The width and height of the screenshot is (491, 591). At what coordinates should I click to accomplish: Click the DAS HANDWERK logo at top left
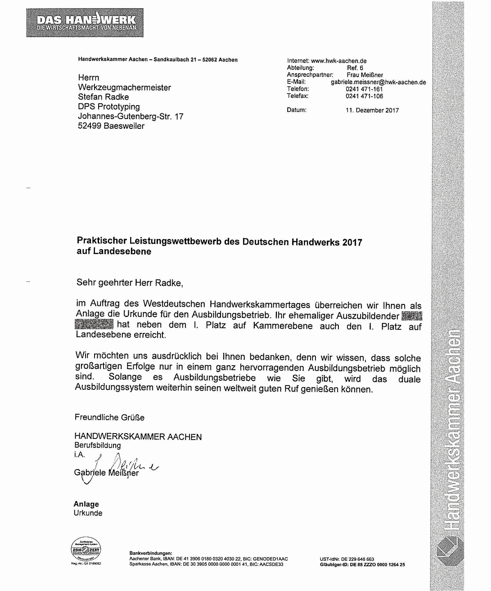pos(85,22)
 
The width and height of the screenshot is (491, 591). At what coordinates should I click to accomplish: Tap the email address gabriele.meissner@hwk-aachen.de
pos(378,82)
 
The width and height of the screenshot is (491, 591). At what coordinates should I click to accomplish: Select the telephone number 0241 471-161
pos(364,89)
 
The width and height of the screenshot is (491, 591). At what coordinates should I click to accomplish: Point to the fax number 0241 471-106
pos(364,96)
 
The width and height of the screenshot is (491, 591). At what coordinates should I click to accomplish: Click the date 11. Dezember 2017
pos(372,110)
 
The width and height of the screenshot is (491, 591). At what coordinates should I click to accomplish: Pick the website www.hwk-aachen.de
pos(339,61)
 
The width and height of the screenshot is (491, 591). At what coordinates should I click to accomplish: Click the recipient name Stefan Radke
pos(104,97)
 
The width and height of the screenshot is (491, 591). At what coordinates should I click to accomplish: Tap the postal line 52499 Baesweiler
pos(111,126)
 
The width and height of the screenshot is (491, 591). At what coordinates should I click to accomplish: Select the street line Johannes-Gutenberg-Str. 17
pos(131,116)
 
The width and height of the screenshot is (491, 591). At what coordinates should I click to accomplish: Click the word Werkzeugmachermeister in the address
pos(124,88)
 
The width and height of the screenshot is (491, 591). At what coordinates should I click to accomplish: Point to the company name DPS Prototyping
pos(109,107)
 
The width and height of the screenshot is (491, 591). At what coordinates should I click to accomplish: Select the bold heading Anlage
pos(86,504)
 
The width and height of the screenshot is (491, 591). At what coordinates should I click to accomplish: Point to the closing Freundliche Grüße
pos(109,418)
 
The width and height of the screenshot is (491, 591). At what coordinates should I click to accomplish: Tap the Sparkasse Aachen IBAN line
pos(206,564)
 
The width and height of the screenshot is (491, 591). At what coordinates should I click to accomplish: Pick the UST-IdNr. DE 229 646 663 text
pos(347,559)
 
